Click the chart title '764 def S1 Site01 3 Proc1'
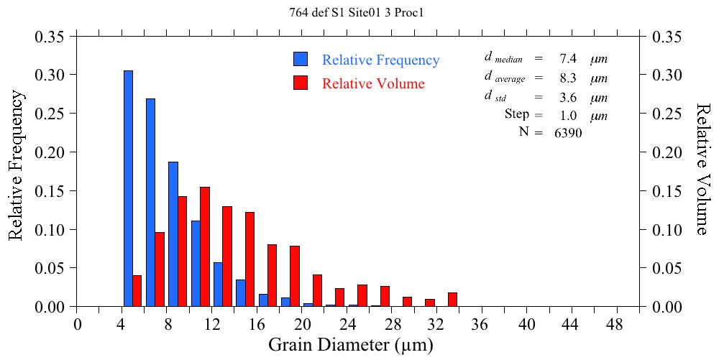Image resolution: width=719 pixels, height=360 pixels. [x=360, y=12]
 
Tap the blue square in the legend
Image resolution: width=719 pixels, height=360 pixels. [x=301, y=60]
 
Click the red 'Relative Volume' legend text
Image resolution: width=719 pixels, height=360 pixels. [x=373, y=84]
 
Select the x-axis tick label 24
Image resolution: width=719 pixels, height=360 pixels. [x=347, y=324]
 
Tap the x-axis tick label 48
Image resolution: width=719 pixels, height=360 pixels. [x=618, y=324]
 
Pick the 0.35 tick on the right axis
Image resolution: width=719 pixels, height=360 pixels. [x=667, y=36]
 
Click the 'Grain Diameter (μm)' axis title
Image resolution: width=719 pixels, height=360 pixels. [x=350, y=345]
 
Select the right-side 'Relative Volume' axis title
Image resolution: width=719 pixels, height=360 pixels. [x=703, y=168]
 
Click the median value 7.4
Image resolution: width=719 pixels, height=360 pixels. [x=568, y=58]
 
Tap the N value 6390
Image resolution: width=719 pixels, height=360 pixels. [x=568, y=132]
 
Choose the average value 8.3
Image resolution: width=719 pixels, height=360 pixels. [x=568, y=78]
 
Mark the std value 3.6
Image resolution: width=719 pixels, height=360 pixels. [x=568, y=97]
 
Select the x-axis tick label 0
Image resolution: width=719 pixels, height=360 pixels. [x=78, y=324]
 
